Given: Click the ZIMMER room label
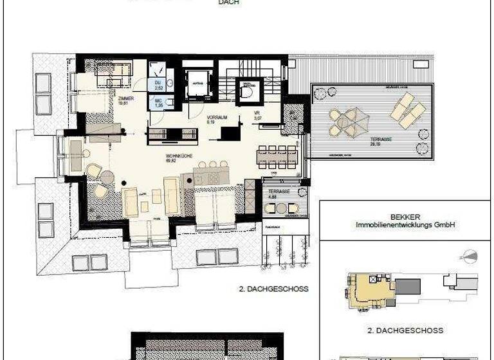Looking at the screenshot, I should [125, 99].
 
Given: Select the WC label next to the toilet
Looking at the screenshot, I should [156, 102].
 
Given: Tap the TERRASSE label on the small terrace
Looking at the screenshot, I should [280, 192].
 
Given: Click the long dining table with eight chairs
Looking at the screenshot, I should [277, 156].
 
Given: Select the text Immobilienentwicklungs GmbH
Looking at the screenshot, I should [405, 226].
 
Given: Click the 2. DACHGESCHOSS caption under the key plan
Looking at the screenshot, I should [405, 331].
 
